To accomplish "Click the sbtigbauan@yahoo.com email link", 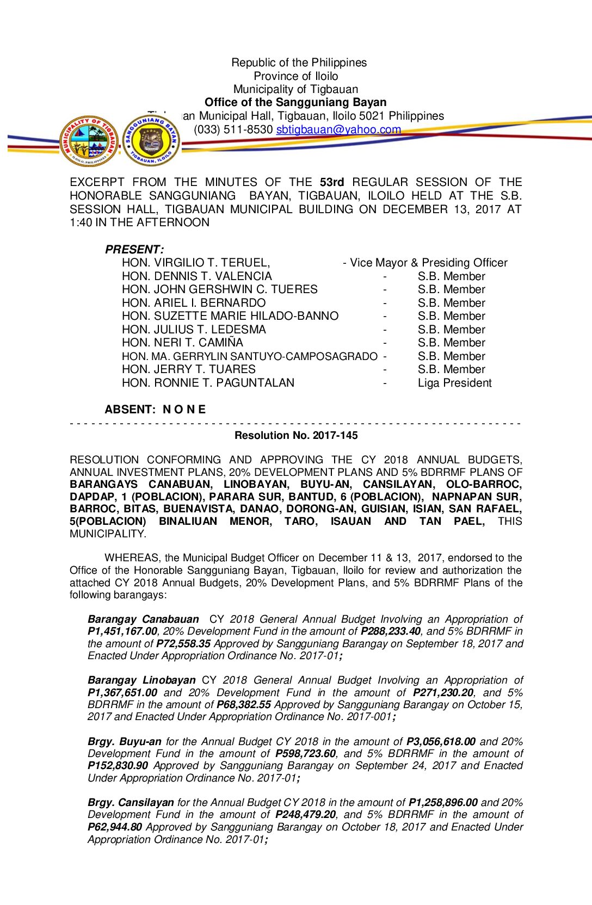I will (338, 129).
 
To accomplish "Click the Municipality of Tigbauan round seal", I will (89, 141).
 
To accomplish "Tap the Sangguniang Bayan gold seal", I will (151, 141).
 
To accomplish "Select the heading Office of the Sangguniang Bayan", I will (295, 102).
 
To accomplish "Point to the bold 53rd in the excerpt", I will (332, 182).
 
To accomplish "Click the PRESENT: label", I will (134, 250).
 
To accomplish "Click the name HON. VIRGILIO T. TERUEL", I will (196, 263).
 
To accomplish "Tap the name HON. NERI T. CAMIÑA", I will (182, 343).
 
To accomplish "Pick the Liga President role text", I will (454, 383).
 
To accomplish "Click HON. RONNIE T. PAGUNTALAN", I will (208, 383).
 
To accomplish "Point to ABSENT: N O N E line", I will (155, 410).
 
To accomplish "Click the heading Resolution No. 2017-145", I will (296, 435).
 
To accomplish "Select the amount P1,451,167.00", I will (122, 631).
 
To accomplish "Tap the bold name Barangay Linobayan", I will (141, 680).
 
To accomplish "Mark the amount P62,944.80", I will (115, 827).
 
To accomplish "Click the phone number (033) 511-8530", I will (233, 129).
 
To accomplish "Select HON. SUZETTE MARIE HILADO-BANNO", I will (230, 316).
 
